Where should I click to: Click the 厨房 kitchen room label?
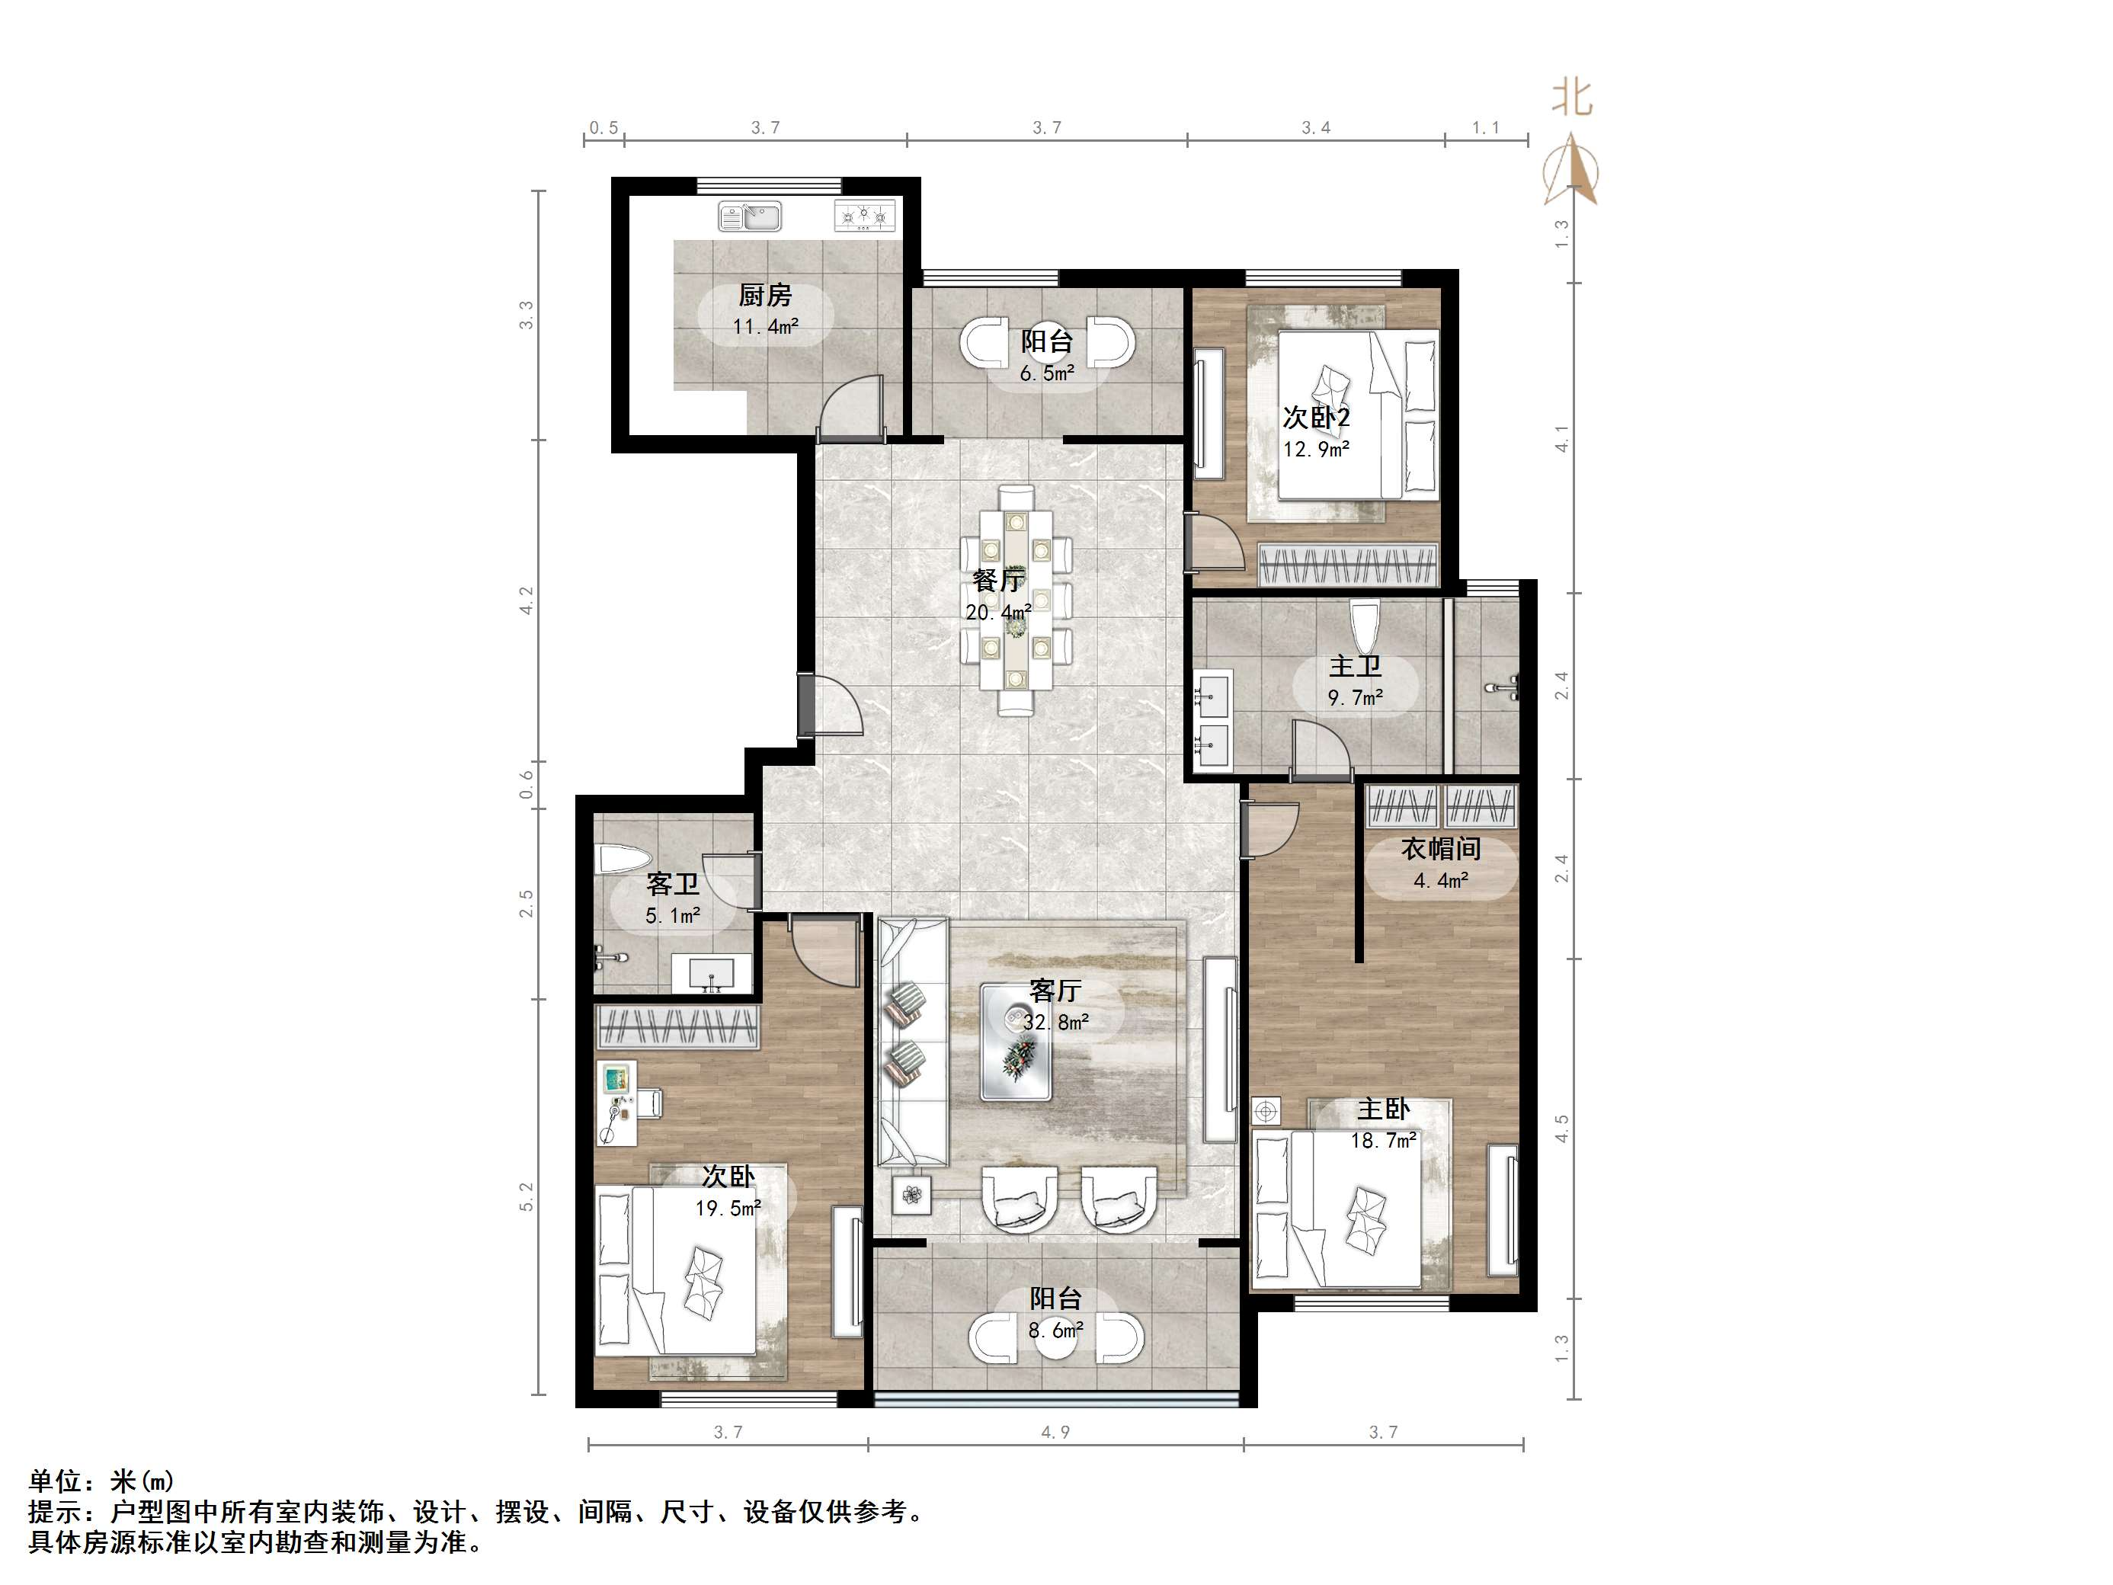click(765, 295)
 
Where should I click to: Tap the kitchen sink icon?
click(750, 217)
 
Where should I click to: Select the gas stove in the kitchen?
click(866, 217)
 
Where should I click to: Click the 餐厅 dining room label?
click(998, 580)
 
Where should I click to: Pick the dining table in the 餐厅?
click(1016, 600)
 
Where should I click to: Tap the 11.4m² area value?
click(765, 327)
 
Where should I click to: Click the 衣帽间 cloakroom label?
click(1440, 848)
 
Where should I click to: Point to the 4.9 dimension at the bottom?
click(1055, 1432)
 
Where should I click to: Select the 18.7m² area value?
click(1383, 1141)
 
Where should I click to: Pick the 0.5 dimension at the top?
click(603, 127)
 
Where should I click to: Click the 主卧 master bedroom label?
click(1383, 1109)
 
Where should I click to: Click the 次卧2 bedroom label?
click(1316, 418)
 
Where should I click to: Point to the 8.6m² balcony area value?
click(1055, 1330)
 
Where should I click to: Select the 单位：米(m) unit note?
click(101, 1481)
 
